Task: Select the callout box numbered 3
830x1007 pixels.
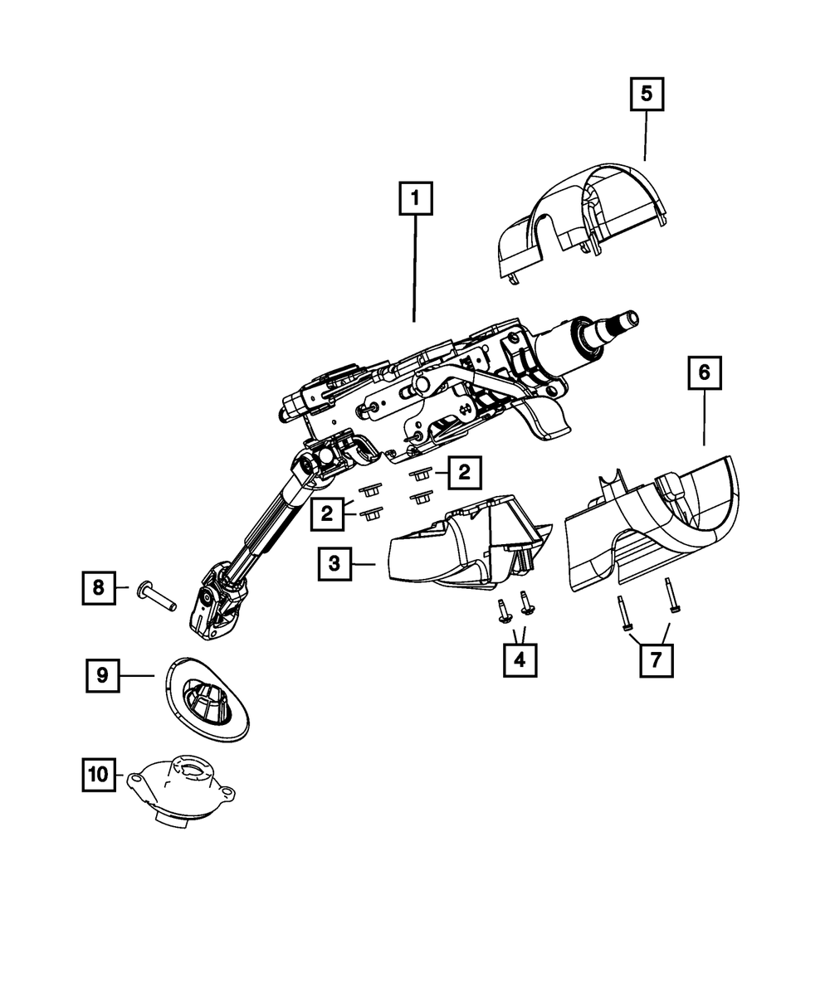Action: point(334,564)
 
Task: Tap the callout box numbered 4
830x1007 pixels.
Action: point(520,660)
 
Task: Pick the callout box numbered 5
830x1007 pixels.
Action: point(646,95)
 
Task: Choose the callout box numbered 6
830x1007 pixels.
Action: point(704,373)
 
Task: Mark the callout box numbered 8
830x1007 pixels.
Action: point(99,588)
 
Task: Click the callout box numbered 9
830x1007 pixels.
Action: point(102,675)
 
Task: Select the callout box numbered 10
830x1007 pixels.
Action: point(99,775)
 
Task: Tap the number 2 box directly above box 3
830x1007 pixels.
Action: point(328,514)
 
